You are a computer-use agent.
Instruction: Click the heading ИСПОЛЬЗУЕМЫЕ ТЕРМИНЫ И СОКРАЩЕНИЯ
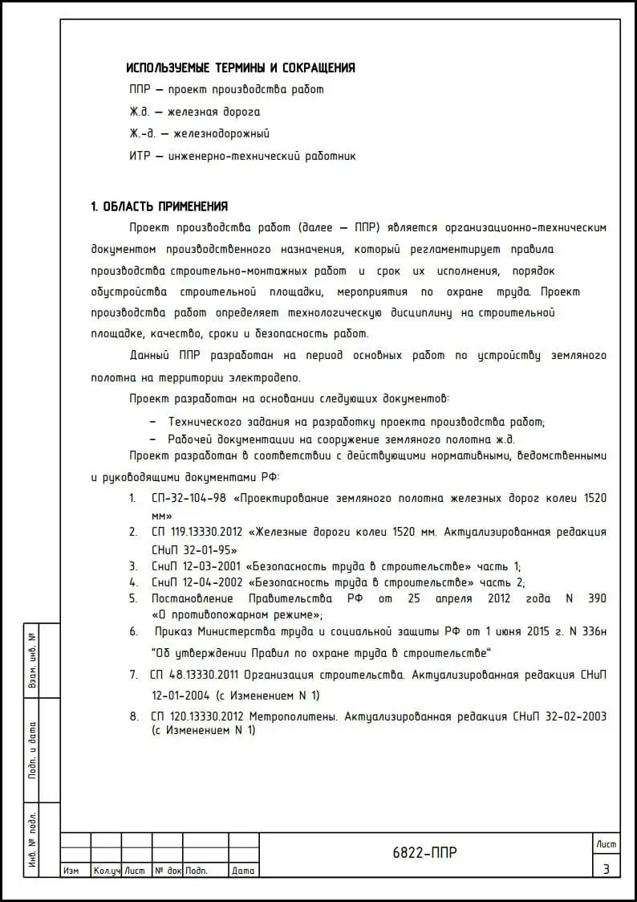click(x=241, y=68)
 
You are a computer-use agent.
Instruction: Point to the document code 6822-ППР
click(x=425, y=853)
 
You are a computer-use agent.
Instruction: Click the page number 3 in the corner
click(x=607, y=868)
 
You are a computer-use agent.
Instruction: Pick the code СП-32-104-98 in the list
click(x=188, y=499)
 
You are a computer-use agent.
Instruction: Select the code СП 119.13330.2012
click(x=197, y=532)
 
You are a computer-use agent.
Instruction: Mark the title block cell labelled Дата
click(x=243, y=871)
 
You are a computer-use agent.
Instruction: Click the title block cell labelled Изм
click(x=71, y=871)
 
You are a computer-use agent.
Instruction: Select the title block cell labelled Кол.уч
click(x=106, y=871)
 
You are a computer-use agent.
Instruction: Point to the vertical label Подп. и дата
click(x=33, y=750)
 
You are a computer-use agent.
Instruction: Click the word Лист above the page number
click(x=607, y=843)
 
